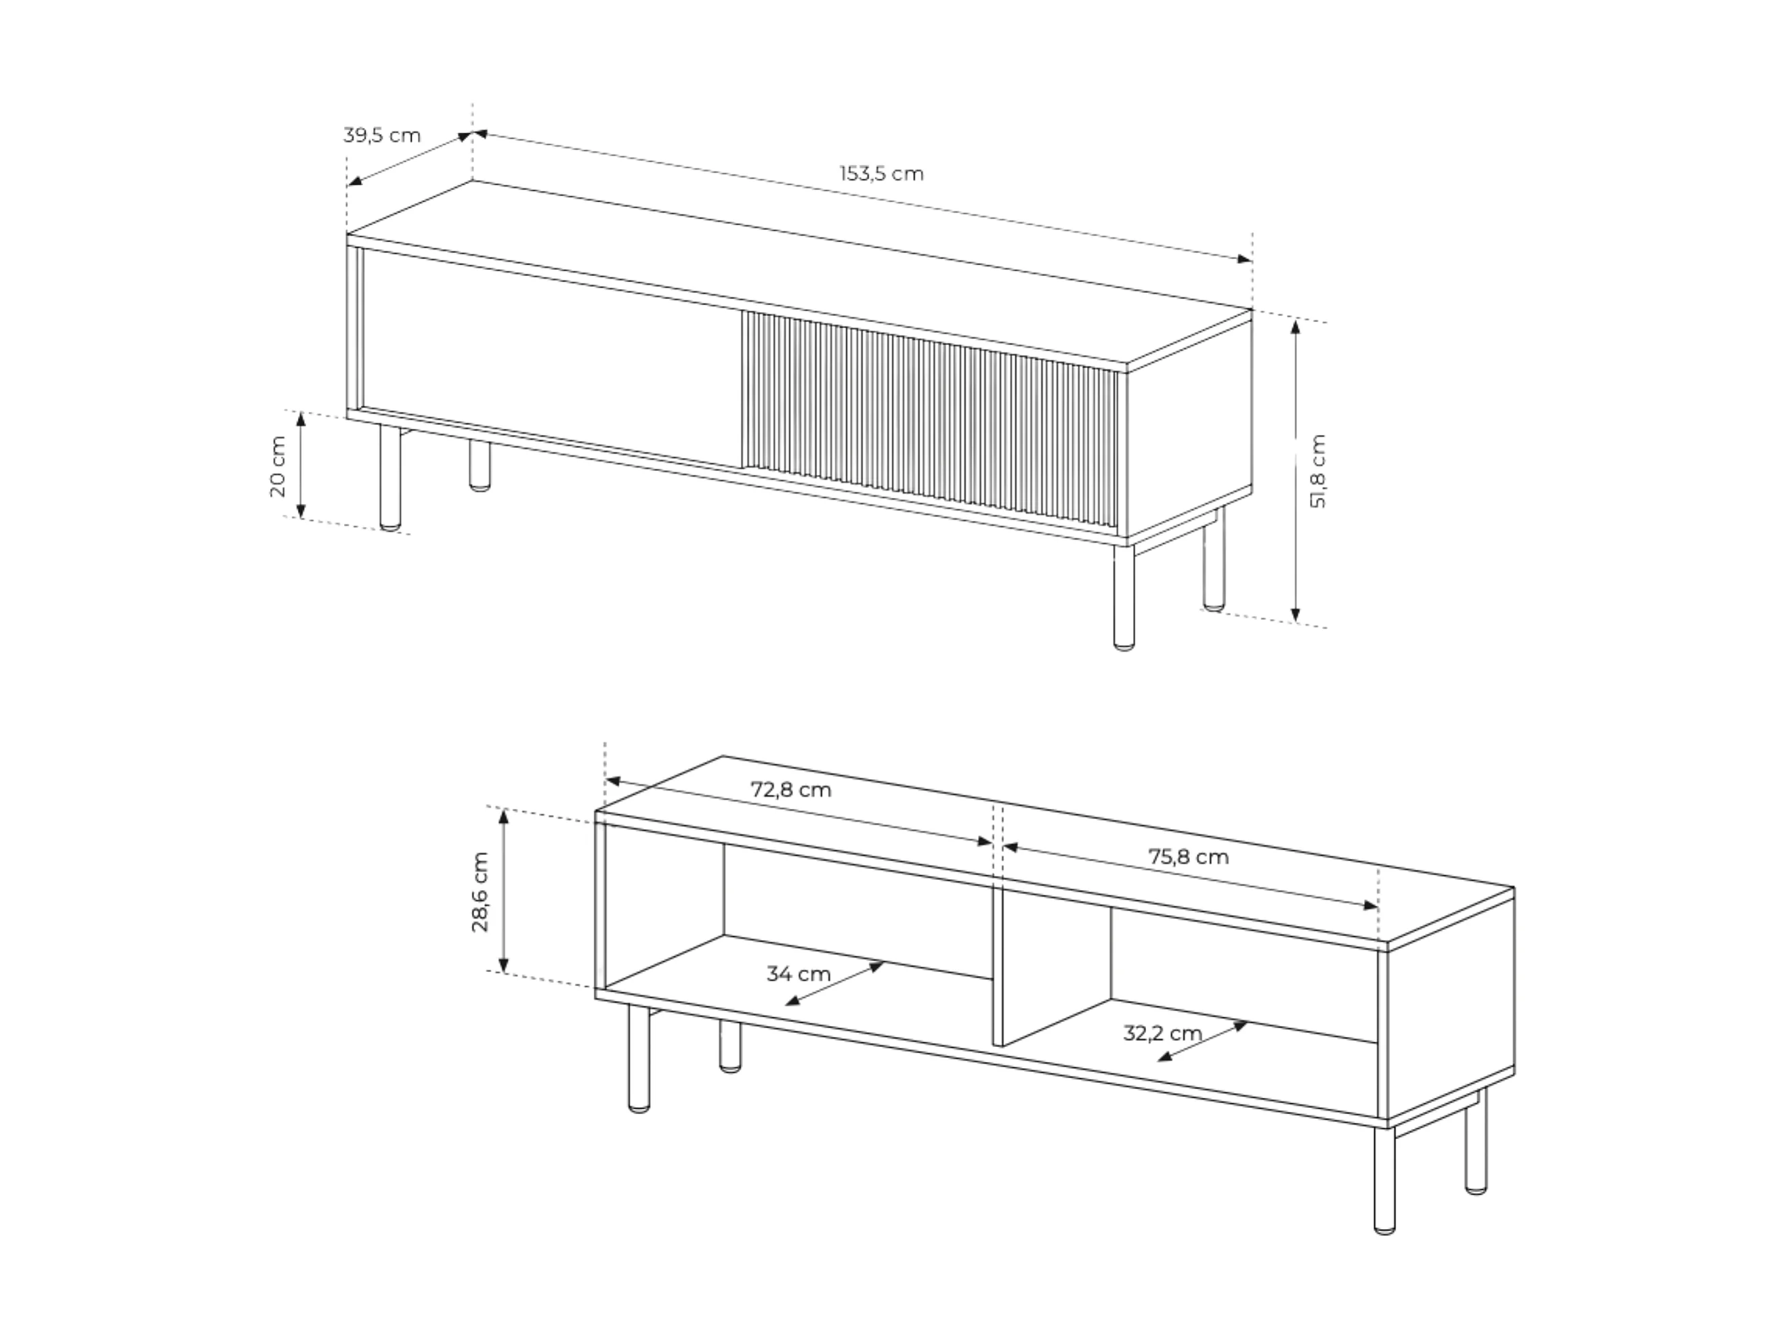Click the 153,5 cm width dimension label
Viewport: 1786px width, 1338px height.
coord(881,173)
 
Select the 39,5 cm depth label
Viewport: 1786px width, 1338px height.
coord(382,135)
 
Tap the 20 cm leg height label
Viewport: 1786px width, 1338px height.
coord(278,466)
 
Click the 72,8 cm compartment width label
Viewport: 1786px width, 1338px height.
coord(790,789)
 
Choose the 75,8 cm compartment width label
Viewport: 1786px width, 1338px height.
coord(1189,856)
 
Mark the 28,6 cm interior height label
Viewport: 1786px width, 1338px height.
coord(480,892)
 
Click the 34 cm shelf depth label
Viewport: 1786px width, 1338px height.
coord(799,974)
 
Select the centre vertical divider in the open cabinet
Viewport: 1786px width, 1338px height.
coord(998,968)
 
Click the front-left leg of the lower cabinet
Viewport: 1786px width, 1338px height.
coord(638,1058)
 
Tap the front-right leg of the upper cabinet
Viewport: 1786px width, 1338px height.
coord(1123,596)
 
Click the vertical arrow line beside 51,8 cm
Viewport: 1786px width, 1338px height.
coord(1295,470)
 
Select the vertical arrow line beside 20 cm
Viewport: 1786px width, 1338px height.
coord(301,465)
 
